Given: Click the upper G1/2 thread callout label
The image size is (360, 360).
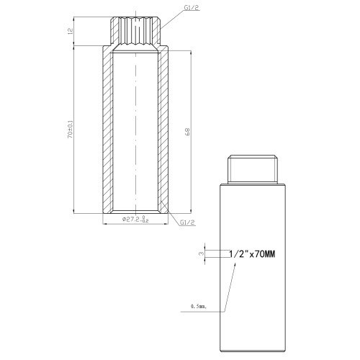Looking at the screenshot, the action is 192,8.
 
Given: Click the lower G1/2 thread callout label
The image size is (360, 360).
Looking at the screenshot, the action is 187,222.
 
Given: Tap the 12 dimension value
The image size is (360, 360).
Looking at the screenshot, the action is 70,31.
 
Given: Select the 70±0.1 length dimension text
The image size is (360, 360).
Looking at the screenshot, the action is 70,129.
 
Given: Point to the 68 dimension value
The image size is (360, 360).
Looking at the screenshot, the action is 187,132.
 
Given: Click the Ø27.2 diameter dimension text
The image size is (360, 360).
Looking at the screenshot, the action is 135,219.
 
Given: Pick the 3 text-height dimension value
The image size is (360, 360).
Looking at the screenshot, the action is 202,253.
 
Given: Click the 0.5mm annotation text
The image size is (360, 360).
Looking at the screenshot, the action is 199,306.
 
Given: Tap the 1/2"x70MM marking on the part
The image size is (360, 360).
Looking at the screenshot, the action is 252,254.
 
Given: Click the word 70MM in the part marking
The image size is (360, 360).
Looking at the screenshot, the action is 265,254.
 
